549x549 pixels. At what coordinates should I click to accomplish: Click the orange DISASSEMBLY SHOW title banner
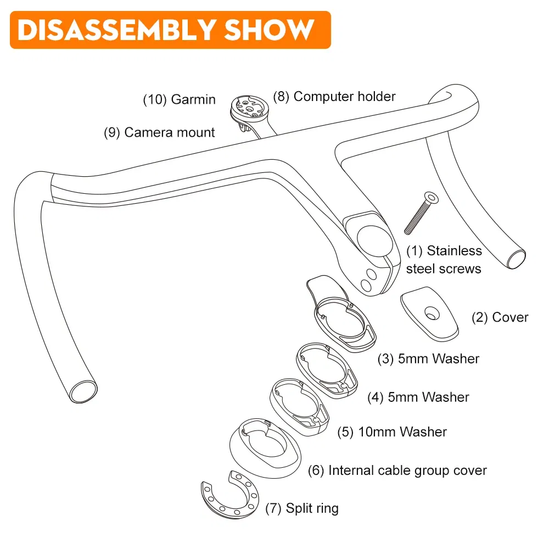coord(170,30)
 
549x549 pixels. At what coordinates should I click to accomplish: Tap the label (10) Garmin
coord(180,100)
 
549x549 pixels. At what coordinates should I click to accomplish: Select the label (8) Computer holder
coord(335,97)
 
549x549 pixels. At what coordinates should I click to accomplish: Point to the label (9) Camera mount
coord(160,132)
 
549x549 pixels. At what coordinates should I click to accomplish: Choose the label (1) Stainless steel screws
coord(444,260)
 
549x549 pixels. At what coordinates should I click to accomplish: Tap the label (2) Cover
coord(500,317)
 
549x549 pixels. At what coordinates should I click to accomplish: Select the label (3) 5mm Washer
coord(428,359)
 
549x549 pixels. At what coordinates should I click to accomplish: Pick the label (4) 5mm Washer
coord(418,397)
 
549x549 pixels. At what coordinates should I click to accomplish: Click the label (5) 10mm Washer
coord(392,432)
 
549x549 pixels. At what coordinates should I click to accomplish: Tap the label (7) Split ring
coord(302,508)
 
